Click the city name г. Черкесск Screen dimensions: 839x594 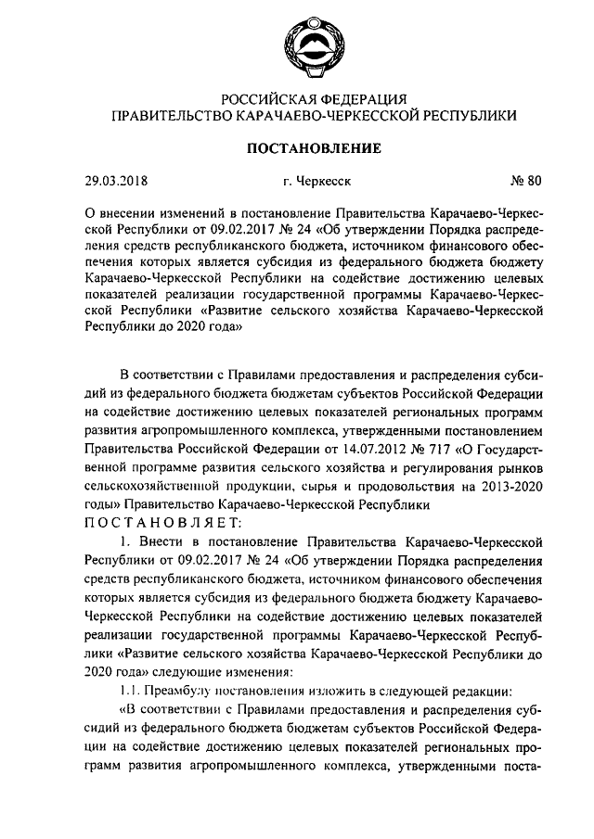303,181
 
